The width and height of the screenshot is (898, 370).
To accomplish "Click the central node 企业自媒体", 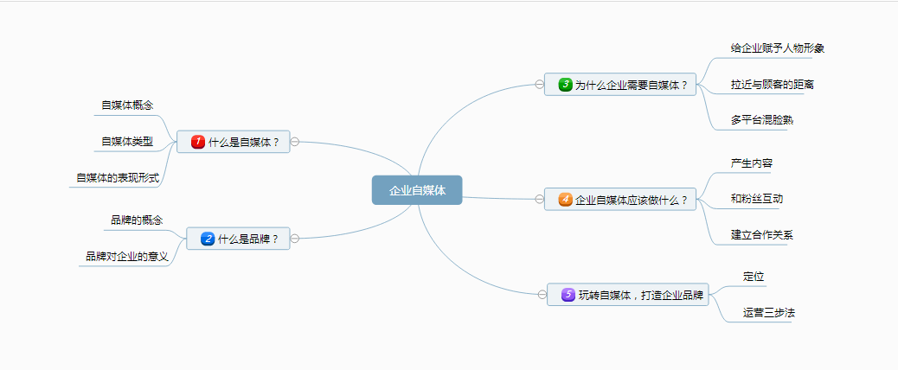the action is tap(417, 191).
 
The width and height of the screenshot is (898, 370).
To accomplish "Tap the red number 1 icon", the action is tap(197, 142).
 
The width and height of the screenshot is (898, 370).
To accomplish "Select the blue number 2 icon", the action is tap(207, 239).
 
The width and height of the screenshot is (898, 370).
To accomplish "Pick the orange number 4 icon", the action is tap(565, 200).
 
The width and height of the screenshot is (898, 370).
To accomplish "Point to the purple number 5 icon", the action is tap(568, 295).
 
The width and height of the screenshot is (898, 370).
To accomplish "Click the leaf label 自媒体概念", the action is tap(127, 105).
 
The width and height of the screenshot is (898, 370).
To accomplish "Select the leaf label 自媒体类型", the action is tap(127, 142).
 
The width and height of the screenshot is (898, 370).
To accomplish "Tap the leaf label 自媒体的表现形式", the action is tap(118, 178).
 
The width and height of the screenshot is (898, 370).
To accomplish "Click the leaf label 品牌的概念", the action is tap(137, 220).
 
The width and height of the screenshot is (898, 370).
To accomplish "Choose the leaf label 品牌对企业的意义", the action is tap(126, 257).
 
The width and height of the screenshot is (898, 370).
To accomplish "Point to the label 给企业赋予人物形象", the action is tap(777, 48).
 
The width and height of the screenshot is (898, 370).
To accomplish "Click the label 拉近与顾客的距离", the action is tap(772, 85).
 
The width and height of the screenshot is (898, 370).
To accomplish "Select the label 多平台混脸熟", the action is tap(762, 120).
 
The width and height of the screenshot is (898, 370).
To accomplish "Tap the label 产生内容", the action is tap(752, 163).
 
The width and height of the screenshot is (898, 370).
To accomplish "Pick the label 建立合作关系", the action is tap(762, 235).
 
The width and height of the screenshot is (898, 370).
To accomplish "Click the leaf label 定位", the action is tap(754, 277).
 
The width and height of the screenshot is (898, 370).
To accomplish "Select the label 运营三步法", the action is tap(768, 313).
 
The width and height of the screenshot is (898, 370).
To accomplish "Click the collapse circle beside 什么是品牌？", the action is tap(296, 239).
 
